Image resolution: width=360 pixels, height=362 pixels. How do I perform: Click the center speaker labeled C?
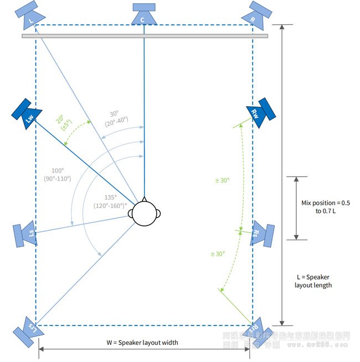point(144,15)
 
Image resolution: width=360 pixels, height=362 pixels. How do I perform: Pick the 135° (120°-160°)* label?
point(114,201)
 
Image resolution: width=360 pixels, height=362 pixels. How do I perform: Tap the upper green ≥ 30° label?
point(223,180)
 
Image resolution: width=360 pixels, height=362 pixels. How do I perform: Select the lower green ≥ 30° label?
point(217,254)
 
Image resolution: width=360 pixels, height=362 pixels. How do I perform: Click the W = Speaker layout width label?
point(142,342)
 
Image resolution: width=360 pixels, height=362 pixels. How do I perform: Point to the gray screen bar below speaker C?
point(145,36)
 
